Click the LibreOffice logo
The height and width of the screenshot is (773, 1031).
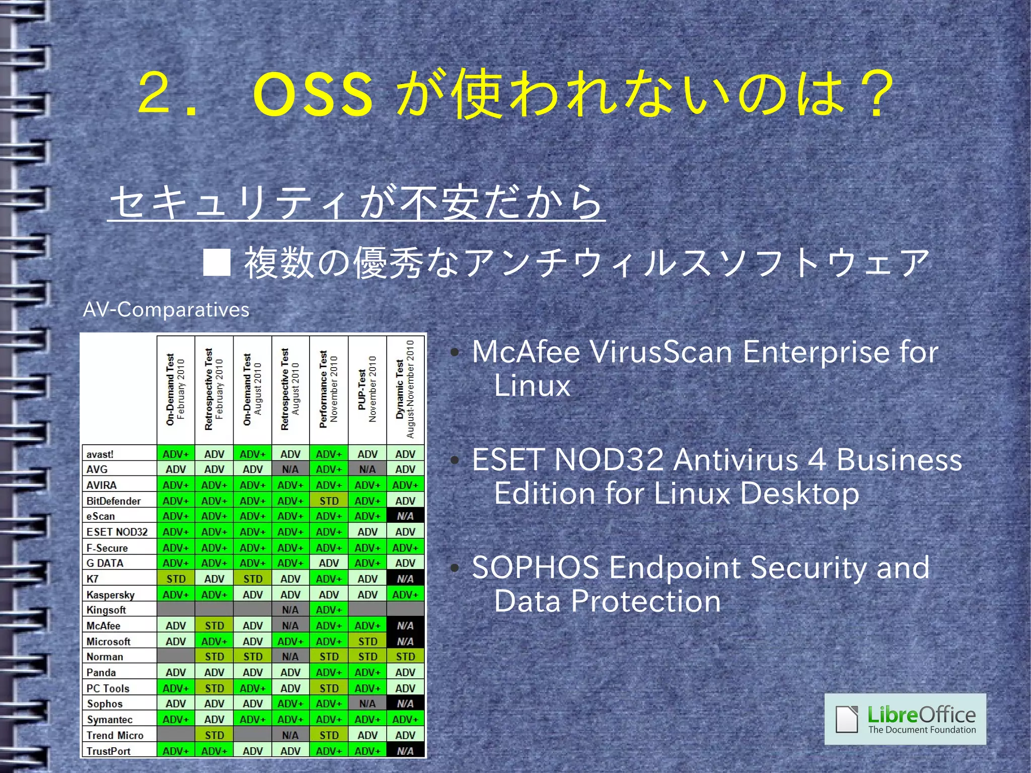(x=905, y=719)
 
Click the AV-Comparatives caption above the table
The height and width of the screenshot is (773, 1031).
(x=166, y=309)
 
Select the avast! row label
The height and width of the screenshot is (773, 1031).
(x=100, y=454)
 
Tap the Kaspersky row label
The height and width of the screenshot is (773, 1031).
(x=111, y=595)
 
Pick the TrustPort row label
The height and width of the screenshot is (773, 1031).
(x=109, y=751)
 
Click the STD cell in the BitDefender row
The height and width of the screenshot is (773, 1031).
(x=329, y=501)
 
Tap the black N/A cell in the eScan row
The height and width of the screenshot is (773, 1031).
(x=405, y=516)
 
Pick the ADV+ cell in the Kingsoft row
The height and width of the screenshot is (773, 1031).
(x=329, y=610)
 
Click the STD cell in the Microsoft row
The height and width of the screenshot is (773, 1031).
(x=367, y=642)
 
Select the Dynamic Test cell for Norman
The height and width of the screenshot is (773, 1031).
(x=405, y=657)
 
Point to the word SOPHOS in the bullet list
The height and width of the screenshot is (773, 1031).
(x=536, y=568)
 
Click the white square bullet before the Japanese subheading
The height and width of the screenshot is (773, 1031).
(x=217, y=262)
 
